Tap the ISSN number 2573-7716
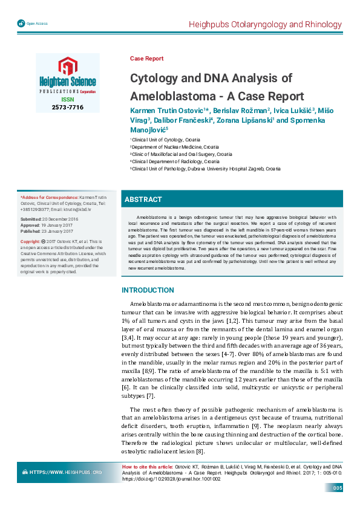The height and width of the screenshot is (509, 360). click(67, 107)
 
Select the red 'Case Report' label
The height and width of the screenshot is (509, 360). click(146, 59)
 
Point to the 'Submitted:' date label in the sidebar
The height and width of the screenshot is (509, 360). click(31, 218)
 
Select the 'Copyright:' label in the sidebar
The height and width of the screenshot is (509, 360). click(31, 241)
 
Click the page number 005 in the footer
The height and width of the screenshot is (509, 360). click(337, 488)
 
